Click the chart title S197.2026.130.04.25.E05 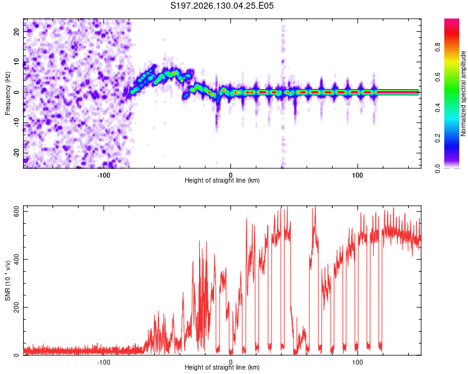[x=222, y=6]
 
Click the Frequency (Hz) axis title [x=7, y=93]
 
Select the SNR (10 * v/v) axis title [x=7, y=280]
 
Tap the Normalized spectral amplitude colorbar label [x=463, y=93]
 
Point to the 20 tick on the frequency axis [x=17, y=32]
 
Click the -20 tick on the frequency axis [x=17, y=153]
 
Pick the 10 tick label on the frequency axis [x=17, y=62]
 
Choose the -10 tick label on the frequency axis [x=17, y=123]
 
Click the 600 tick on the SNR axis [x=17, y=211]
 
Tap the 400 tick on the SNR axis [x=17, y=259]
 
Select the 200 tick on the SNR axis [x=17, y=307]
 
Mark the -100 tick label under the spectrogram [x=104, y=175]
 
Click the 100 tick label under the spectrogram [x=358, y=175]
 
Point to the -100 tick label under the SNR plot [x=104, y=362]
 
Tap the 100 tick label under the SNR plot [x=358, y=362]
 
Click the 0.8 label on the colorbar [x=437, y=47]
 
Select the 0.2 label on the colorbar [x=437, y=138]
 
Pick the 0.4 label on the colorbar [x=437, y=108]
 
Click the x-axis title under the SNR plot [x=222, y=367]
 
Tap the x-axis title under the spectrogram [x=222, y=180]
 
